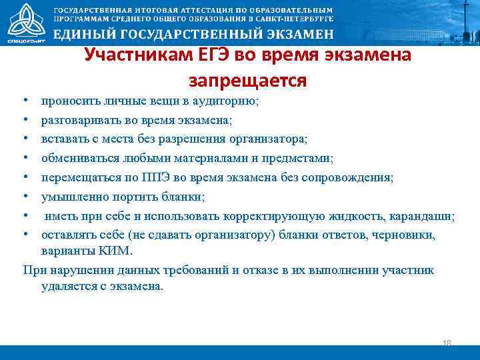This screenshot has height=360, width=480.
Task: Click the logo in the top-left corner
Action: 23,21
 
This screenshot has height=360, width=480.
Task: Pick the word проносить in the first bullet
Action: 68,101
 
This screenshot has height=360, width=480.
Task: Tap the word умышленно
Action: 71,196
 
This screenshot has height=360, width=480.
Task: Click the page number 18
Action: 447,343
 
